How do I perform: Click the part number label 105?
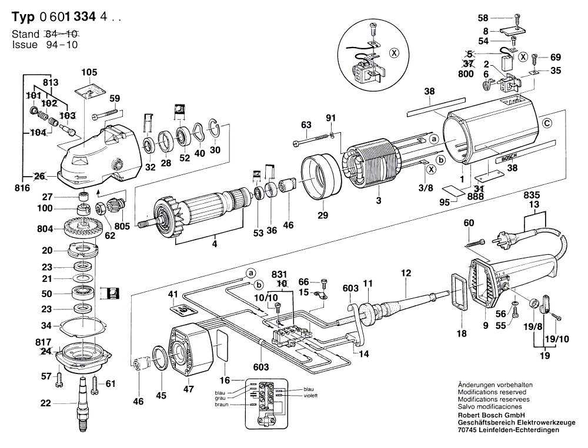(89, 72)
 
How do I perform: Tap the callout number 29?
(322, 215)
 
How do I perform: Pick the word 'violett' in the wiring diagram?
(310, 396)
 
